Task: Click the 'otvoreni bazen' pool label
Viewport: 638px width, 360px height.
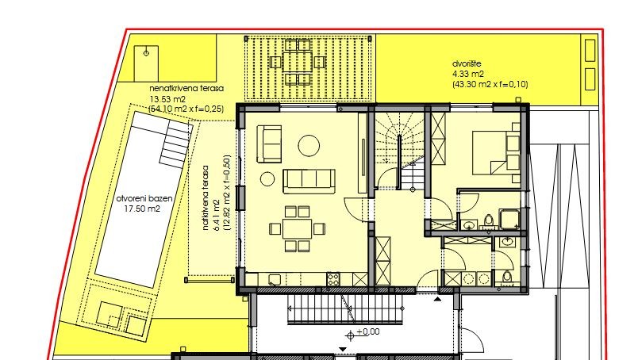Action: point(139,199)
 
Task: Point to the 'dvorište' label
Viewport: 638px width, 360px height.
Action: point(468,64)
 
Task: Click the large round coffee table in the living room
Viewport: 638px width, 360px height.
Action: point(308,145)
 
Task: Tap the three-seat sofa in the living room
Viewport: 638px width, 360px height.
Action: point(309,180)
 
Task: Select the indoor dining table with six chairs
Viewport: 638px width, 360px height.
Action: point(298,228)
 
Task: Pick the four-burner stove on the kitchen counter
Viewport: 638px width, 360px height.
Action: point(333,278)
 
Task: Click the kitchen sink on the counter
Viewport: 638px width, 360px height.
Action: point(275,278)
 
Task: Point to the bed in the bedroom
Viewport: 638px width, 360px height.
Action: point(493,150)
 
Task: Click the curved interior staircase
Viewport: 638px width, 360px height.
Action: point(401,151)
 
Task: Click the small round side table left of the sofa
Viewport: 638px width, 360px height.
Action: point(267,178)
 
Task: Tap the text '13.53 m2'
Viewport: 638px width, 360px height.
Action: point(165,99)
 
